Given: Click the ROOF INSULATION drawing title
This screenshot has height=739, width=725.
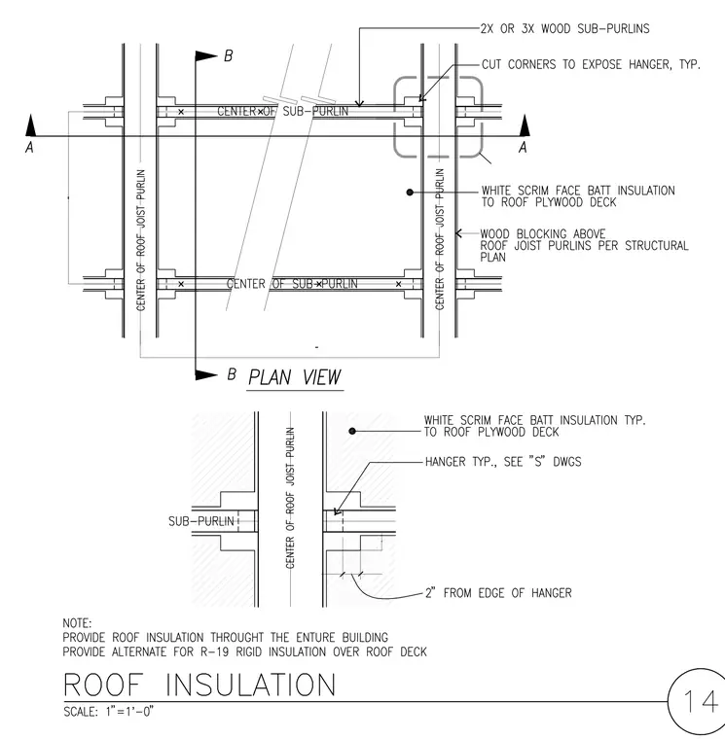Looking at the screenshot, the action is [199, 685].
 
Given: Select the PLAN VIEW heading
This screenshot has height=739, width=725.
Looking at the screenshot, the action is [294, 377].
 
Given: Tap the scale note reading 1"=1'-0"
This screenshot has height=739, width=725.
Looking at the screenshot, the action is [129, 711].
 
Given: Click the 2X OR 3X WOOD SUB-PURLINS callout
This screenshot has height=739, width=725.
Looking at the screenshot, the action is [565, 29].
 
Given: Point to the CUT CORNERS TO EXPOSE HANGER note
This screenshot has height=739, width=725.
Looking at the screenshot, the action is [591, 64].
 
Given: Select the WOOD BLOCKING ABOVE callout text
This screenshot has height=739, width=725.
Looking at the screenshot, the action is [543, 233].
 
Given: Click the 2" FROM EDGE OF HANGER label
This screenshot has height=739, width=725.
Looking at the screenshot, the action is [498, 593].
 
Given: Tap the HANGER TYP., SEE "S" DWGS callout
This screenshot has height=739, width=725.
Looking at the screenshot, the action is [503, 462].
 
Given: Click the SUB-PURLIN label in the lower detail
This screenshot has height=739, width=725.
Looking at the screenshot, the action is [201, 521].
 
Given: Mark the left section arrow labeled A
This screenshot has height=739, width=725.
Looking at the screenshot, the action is [31, 125].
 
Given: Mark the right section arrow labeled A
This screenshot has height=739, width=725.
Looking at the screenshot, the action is [525, 125].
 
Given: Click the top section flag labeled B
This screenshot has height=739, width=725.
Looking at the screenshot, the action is [206, 56].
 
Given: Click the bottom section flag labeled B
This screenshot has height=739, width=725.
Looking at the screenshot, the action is [206, 375].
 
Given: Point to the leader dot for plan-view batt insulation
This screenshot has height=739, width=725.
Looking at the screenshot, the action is [410, 193].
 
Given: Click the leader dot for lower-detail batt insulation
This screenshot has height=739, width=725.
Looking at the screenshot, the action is [352, 431].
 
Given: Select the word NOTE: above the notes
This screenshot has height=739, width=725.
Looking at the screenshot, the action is [77, 623].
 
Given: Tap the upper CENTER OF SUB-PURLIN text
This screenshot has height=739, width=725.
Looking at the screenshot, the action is [283, 112].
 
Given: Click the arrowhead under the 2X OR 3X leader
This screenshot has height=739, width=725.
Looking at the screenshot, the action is [360, 103].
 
